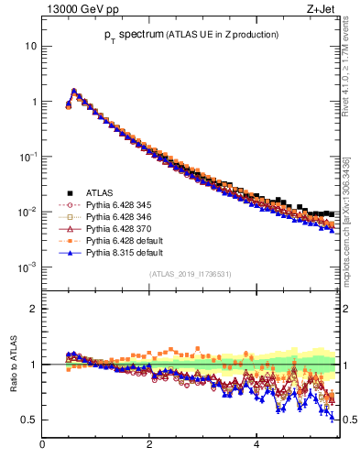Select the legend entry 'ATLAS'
point(101,192)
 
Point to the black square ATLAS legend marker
point(69,192)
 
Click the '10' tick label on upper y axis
point(31,46)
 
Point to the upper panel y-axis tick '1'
point(34,102)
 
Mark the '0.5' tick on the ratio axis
point(29,420)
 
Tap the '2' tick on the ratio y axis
point(34,309)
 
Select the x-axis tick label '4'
point(256,445)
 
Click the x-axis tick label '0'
point(42,445)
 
